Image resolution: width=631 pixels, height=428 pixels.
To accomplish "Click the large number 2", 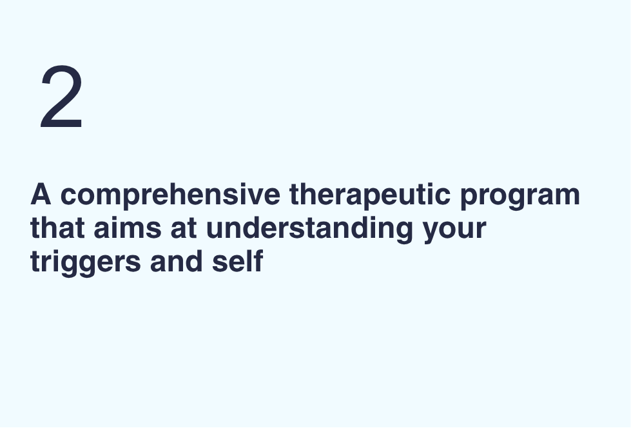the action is point(62,97).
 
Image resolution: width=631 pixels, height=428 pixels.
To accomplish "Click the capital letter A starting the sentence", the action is point(41,194).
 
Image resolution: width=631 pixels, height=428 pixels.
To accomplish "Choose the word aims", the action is point(128,228).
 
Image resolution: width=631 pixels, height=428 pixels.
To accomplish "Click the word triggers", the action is point(86,263).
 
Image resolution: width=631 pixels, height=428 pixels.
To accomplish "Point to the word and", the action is point(176,261).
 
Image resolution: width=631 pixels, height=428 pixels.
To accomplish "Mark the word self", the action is point(237,261).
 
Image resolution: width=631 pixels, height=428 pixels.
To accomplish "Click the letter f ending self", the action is point(258,260).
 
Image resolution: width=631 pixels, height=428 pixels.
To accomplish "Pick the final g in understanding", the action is point(404,232).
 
